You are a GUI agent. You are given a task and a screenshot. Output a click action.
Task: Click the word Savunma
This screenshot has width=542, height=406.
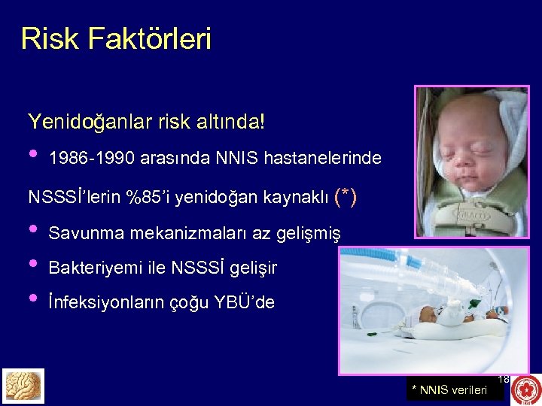pos(86,234)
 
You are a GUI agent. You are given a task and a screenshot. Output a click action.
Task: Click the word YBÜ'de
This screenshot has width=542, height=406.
pos(245,303)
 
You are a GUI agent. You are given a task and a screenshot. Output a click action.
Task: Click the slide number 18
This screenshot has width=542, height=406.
pos(504,380)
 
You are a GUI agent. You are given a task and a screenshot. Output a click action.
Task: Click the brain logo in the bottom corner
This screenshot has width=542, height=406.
pos(23,386)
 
